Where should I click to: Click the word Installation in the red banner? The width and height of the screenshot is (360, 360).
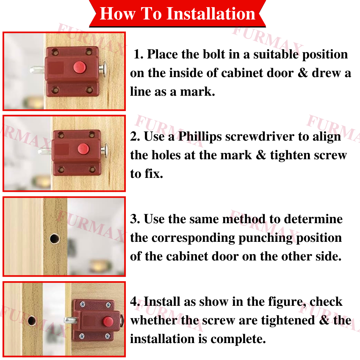click(211, 14)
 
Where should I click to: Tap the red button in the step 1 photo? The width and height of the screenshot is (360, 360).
click(80, 67)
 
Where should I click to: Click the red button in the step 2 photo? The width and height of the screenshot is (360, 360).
click(83, 149)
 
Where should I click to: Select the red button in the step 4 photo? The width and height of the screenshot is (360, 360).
click(108, 321)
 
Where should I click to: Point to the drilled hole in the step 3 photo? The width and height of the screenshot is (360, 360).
click(55, 239)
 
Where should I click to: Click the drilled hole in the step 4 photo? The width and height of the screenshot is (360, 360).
click(32, 321)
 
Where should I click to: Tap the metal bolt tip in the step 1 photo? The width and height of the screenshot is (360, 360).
click(37, 70)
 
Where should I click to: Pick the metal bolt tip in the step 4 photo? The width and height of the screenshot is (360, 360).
click(70, 320)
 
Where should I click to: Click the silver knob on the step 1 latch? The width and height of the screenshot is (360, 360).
click(103, 69)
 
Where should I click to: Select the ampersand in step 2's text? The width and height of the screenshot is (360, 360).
click(261, 155)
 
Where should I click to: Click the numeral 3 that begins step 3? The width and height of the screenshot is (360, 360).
click(135, 219)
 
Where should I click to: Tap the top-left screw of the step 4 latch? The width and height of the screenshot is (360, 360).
click(83, 305)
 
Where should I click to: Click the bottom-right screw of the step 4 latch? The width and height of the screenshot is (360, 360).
click(108, 337)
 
